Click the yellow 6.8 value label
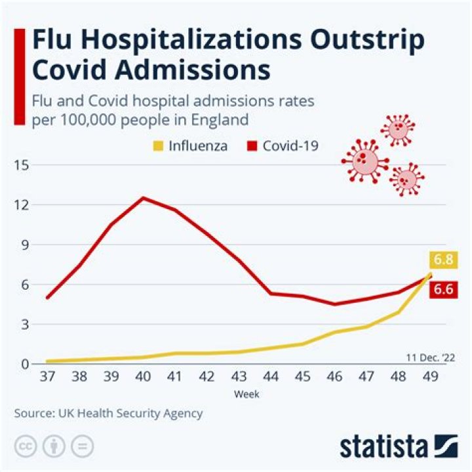click(x=442, y=260)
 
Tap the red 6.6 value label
click(x=442, y=289)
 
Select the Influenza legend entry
click(x=191, y=146)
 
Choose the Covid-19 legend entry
click(x=283, y=146)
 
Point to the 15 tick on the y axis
click(x=22, y=165)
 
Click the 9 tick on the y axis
click(x=25, y=245)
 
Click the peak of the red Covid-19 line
click(x=143, y=198)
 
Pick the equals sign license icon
click(x=83, y=446)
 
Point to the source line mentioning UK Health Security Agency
click(x=109, y=414)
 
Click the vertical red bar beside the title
click(x=20, y=75)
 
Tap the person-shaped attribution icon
click(x=54, y=446)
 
